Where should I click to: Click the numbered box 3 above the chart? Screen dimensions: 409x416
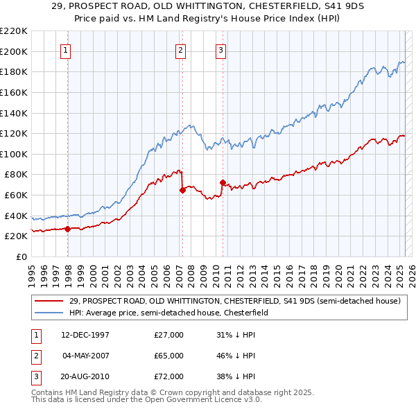(220, 49)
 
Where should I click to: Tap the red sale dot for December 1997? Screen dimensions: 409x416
(67, 228)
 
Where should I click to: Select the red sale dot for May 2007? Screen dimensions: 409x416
(182, 189)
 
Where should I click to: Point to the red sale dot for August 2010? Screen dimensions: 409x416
(223, 182)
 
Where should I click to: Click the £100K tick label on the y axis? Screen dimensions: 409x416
(14, 154)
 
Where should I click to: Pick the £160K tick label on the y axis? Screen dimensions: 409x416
(14, 92)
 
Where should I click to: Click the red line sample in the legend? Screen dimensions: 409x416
(49, 302)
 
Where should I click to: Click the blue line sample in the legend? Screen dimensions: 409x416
(49, 313)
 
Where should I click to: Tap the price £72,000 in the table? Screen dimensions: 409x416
(168, 376)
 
